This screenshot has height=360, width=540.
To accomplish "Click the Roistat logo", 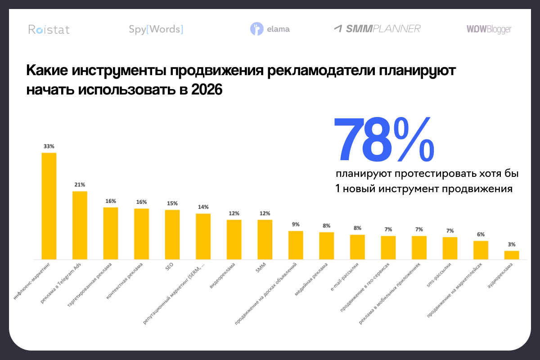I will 49,30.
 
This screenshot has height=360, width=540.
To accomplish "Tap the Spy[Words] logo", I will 156,30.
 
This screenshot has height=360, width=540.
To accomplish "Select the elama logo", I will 270,29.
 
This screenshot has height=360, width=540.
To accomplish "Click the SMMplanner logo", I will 377,29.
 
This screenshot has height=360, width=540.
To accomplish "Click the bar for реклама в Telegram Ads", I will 80,225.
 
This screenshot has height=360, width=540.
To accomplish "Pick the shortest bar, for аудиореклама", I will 511,255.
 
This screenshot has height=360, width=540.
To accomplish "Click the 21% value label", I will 80,184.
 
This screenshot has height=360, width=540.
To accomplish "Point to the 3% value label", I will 511,244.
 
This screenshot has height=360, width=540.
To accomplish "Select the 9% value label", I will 295,224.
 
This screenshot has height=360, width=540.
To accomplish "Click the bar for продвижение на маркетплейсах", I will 481,250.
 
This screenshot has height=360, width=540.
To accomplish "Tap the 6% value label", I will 481,234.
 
